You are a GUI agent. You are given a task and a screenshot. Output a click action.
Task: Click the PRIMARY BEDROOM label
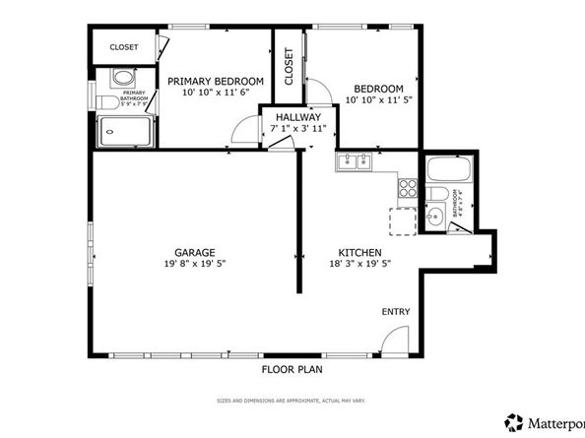click(215, 81)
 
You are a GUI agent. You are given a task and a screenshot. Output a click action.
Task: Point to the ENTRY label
click(396, 312)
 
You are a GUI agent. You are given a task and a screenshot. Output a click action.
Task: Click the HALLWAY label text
click(296, 117)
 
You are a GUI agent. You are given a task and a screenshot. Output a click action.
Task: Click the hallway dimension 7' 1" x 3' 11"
click(296, 128)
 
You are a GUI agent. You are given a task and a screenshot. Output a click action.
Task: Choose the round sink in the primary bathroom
click(123, 78)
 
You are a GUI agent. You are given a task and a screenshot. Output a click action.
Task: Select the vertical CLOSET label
click(289, 68)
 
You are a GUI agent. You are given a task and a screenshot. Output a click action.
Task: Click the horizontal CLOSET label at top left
click(123, 47)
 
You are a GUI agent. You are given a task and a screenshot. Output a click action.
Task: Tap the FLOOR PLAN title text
click(292, 370)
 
